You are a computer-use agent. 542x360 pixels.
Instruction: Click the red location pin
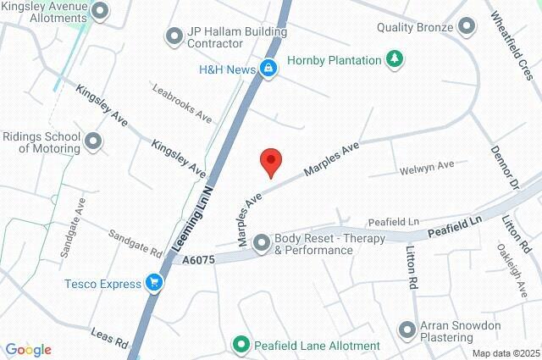pyautogui.click(x=270, y=161)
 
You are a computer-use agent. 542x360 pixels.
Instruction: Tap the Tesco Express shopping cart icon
pyautogui.click(x=153, y=283)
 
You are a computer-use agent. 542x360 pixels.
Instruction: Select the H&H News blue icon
pyautogui.click(x=268, y=69)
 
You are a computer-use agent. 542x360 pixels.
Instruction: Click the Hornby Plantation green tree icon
pyautogui.click(x=394, y=59)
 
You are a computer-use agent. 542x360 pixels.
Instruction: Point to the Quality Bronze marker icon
pyautogui.click(x=466, y=26)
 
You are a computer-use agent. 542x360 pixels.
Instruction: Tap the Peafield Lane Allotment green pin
pyautogui.click(x=241, y=345)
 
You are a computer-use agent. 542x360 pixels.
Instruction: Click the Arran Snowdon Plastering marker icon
pyautogui.click(x=408, y=329)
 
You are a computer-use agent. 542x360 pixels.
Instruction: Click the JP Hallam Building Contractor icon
pyautogui.click(x=174, y=36)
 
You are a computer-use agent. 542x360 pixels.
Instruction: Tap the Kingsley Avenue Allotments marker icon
pyautogui.click(x=100, y=11)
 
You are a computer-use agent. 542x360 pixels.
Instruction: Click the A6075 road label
pyautogui.click(x=197, y=255)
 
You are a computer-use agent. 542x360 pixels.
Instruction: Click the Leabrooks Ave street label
pyautogui.click(x=180, y=102)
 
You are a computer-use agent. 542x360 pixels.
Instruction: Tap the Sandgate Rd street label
pyautogui.click(x=135, y=241)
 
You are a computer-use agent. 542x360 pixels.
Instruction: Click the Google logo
pyautogui.click(x=29, y=350)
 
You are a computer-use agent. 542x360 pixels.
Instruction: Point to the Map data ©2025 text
pyautogui.click(x=505, y=353)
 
